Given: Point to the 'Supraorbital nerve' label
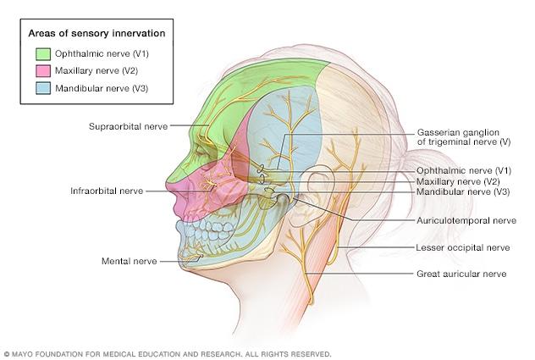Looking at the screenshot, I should coord(127,125).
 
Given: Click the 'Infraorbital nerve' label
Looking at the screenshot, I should coord(107,191).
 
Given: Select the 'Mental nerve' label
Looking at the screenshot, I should coord(129,261).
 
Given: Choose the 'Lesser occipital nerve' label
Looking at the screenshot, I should coord(464,247).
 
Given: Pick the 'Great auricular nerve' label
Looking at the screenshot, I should coord(461,274).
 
